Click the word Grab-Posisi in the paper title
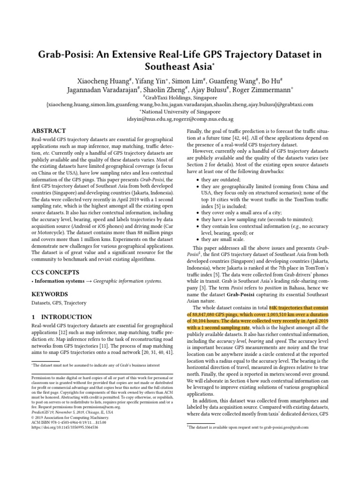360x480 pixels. tap(67, 54)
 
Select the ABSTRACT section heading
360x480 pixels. tap(49, 131)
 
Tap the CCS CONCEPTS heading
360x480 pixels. tap(55, 272)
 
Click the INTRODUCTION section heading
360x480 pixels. tap(61, 317)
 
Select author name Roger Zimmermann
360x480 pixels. tap(266, 89)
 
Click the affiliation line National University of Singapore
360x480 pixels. tap(180, 112)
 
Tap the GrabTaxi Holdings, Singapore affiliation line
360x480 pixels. tap(180, 97)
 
